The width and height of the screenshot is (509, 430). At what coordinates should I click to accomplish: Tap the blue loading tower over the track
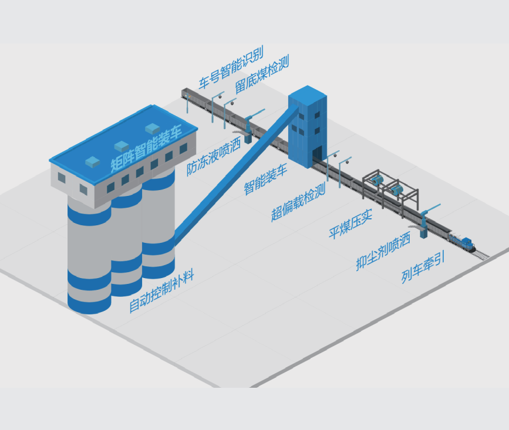click(x=308, y=126)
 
